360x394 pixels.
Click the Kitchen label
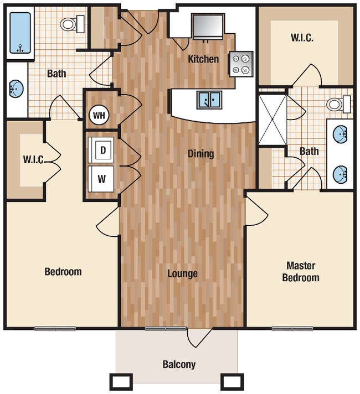tap(203, 59)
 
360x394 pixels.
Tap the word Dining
tap(200, 154)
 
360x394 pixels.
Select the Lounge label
tap(182, 273)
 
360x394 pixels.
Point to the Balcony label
tap(179, 365)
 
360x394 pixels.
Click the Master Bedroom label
tap(301, 271)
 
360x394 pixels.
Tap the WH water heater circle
tap(100, 115)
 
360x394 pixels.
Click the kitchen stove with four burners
tap(241, 64)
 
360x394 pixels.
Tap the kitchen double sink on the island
tap(209, 100)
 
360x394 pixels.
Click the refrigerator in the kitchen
tap(208, 26)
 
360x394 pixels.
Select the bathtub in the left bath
tap(20, 33)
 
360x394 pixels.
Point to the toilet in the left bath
tap(72, 24)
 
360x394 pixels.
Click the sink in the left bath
tap(16, 89)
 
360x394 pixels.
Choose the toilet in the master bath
tap(338, 103)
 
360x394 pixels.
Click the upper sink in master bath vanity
tap(340, 134)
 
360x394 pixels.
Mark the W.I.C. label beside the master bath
tap(302, 38)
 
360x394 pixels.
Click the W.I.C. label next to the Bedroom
tap(33, 159)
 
